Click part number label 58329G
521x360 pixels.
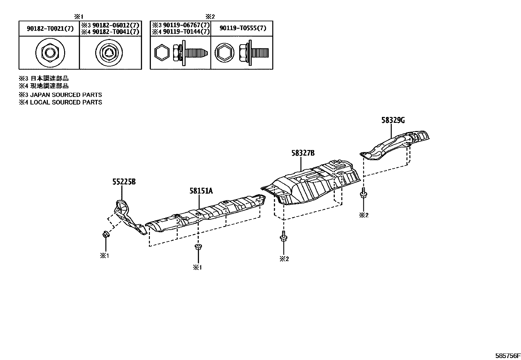[393, 121]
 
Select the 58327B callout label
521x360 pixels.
[303, 153]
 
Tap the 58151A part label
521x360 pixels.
[201, 190]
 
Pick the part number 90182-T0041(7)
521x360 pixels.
[115, 32]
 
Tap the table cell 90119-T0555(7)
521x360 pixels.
[243, 28]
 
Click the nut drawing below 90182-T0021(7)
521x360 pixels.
[50, 53]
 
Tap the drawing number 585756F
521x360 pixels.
[507, 356]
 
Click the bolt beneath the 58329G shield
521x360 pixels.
[363, 194]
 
